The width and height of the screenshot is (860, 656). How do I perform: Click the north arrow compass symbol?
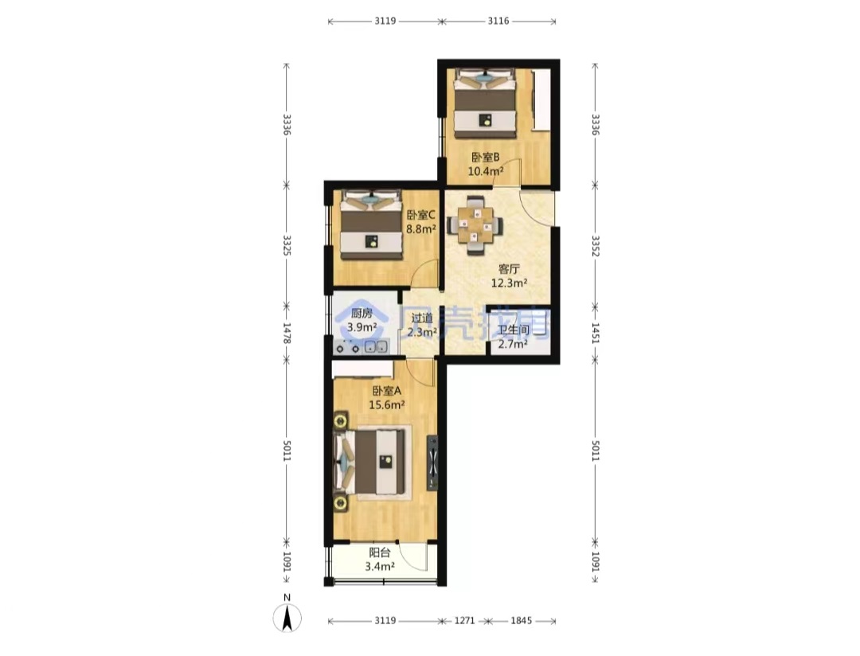pyautogui.click(x=287, y=617)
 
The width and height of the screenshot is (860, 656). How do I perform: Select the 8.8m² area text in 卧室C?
pyautogui.click(x=420, y=228)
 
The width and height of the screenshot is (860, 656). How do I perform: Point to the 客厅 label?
pyautogui.click(x=509, y=269)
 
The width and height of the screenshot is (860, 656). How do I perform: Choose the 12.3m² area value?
pyautogui.click(x=509, y=283)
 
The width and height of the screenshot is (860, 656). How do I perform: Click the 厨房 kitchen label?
pyautogui.click(x=362, y=314)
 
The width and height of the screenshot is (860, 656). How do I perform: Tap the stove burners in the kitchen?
pyautogui.click(x=348, y=347)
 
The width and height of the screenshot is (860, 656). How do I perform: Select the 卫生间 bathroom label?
pyautogui.click(x=513, y=330)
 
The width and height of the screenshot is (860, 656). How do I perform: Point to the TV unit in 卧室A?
pyautogui.click(x=432, y=463)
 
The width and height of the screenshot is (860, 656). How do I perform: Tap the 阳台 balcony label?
pyautogui.click(x=380, y=553)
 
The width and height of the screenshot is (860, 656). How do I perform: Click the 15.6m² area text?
pyautogui.click(x=387, y=404)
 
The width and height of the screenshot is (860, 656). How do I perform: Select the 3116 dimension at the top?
pyautogui.click(x=498, y=21)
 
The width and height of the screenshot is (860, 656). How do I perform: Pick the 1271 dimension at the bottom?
pyautogui.click(x=464, y=620)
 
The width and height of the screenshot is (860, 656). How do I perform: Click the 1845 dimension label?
pyautogui.click(x=521, y=620)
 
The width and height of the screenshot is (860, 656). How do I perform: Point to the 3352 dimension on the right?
pyautogui.click(x=596, y=246)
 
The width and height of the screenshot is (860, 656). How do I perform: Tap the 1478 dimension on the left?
pyautogui.click(x=287, y=333)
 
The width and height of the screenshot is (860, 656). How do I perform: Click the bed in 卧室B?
pyautogui.click(x=486, y=103)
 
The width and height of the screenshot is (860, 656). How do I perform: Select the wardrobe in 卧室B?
pyautogui.click(x=541, y=100)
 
